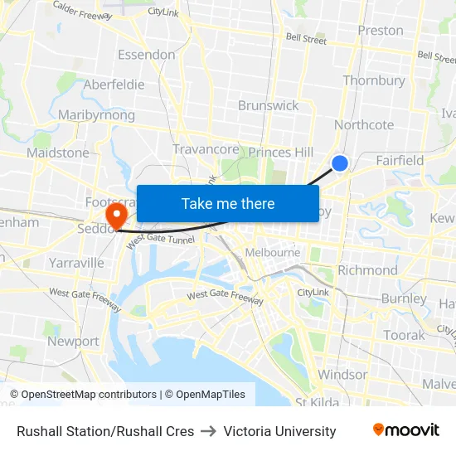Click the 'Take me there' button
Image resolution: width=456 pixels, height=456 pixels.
point(227,203)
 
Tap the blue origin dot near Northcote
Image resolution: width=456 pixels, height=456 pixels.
point(339,163)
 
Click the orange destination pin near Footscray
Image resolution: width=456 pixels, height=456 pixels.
point(116,216)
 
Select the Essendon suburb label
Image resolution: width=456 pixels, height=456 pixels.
point(147,55)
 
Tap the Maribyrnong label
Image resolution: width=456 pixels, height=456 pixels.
point(96,115)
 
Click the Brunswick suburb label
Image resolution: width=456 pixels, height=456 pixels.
point(268,105)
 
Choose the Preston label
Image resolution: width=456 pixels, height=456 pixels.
point(381,31)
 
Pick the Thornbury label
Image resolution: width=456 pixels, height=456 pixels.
point(374,80)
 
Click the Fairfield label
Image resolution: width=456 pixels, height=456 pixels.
point(400,160)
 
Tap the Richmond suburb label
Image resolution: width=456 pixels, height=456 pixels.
point(368,269)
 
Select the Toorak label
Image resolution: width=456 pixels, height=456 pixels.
point(404,335)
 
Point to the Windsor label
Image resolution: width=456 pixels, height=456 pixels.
point(342,375)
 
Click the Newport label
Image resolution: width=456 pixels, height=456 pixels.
point(73,341)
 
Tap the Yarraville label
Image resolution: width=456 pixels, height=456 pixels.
point(76,263)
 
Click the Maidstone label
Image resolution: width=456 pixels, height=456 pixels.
point(58,153)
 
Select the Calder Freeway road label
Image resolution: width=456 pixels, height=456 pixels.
point(82,13)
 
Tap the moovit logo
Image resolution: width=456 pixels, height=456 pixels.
point(406,430)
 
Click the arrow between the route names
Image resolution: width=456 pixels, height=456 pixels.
point(209,431)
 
